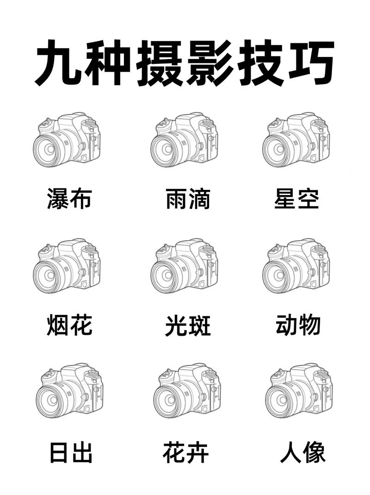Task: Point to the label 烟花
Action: pos(69,326)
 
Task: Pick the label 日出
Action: pos(71,452)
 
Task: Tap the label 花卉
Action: pos(186,452)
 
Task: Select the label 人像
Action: pos(303,452)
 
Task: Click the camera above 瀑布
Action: pos(67,139)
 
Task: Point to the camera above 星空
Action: pos(297,139)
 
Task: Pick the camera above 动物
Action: pos(297,266)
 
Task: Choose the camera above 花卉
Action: pos(187,391)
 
